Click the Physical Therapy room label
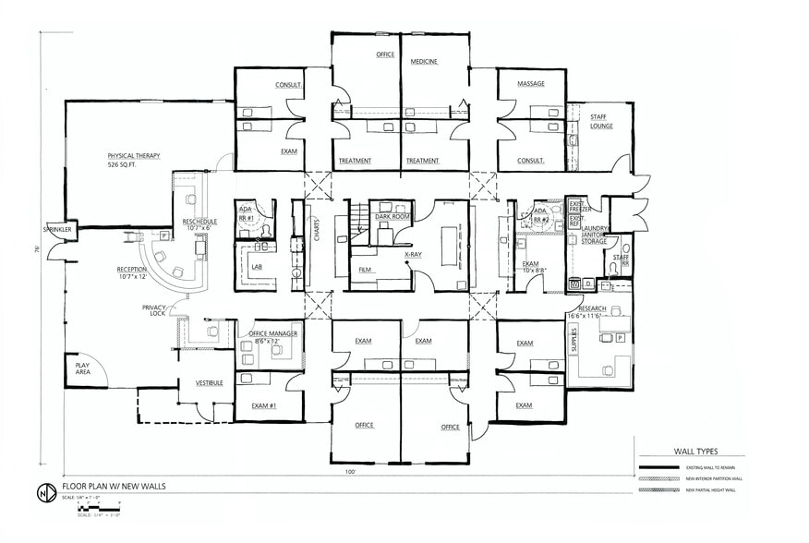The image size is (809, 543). pyautogui.click(x=135, y=157)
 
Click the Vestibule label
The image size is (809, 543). pyautogui.click(x=209, y=382)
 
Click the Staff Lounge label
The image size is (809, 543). pyautogui.click(x=602, y=120)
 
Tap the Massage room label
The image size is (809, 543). pyautogui.click(x=531, y=84)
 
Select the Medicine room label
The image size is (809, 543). pyautogui.click(x=424, y=62)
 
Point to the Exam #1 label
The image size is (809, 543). pyautogui.click(x=264, y=405)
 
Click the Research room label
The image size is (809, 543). pyautogui.click(x=593, y=308)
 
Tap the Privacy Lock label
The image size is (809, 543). pyautogui.click(x=153, y=310)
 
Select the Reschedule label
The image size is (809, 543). pyautogui.click(x=199, y=223)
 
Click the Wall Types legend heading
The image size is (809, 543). pyautogui.click(x=695, y=452)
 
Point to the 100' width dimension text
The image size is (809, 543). pyautogui.click(x=350, y=471)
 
